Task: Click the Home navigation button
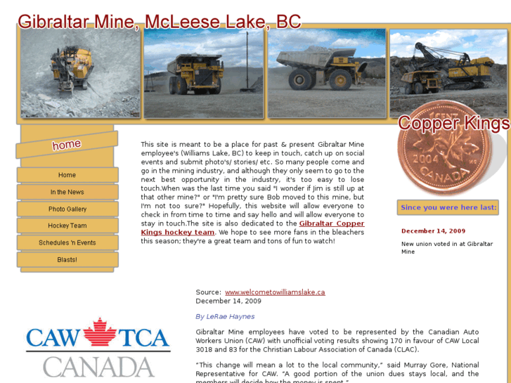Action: click(x=67, y=175)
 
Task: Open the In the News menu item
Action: click(x=67, y=192)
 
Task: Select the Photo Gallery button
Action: click(x=67, y=209)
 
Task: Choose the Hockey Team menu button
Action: click(x=67, y=226)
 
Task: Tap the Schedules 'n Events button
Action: click(x=67, y=242)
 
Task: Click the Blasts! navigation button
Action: click(x=67, y=259)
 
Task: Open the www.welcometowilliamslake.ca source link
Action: click(x=275, y=292)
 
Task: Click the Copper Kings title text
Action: click(x=453, y=124)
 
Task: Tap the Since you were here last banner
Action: click(x=448, y=207)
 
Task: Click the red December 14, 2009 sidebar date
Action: click(x=433, y=231)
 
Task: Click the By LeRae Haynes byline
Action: click(x=225, y=316)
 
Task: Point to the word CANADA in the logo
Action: click(x=98, y=366)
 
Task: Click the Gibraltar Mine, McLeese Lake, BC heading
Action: click(x=160, y=21)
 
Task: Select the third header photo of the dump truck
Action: click(x=327, y=73)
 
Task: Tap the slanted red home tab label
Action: click(x=67, y=145)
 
